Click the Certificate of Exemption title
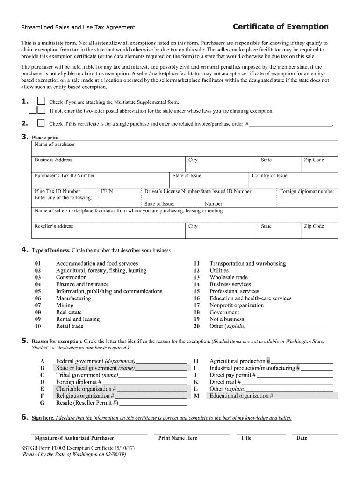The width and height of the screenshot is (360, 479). [x=281, y=27]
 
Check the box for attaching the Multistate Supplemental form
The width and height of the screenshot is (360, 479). [x=41, y=102]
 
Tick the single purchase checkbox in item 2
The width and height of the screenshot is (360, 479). [x=41, y=123]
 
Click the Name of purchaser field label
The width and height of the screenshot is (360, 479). [x=55, y=145]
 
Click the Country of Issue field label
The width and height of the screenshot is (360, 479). [x=269, y=176]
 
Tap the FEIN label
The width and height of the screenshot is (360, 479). [x=107, y=191]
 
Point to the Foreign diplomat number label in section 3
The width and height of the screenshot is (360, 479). [x=307, y=191]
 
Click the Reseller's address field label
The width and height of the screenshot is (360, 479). [x=54, y=226]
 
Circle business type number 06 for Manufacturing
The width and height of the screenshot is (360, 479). [x=38, y=298]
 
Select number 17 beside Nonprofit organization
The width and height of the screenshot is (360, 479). [x=197, y=305]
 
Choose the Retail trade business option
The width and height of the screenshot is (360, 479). [x=70, y=326]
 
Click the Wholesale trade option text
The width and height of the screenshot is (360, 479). [x=229, y=277]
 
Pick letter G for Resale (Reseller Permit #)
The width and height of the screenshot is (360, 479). [x=43, y=403]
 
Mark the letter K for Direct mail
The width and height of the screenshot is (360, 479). [x=196, y=382]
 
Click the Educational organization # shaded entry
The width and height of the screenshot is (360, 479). [x=241, y=396]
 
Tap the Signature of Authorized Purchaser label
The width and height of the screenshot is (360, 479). [x=74, y=438]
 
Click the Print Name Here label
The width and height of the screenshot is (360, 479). [x=178, y=438]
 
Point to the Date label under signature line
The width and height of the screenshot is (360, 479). [x=302, y=438]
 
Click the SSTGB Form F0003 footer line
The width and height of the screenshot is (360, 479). [x=78, y=448]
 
